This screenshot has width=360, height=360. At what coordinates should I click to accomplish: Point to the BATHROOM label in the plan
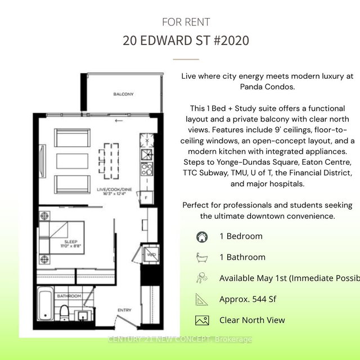(x=69, y=296)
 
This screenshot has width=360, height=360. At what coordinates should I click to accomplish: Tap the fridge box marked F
(x=146, y=197)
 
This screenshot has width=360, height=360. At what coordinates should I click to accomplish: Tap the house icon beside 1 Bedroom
(x=201, y=236)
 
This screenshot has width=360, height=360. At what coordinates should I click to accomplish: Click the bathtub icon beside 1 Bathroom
(x=201, y=257)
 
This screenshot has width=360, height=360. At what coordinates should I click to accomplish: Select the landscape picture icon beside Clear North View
(x=201, y=320)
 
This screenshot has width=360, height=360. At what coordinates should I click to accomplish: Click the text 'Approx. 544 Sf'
(x=248, y=299)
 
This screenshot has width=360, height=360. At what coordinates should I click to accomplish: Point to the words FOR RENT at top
(x=186, y=22)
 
